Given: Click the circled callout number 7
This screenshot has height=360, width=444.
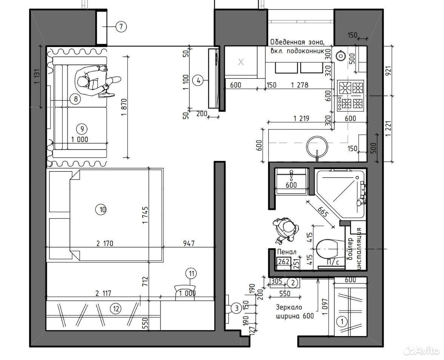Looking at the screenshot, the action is [x=121, y=27].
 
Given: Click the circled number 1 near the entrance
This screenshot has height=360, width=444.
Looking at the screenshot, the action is [x=342, y=322].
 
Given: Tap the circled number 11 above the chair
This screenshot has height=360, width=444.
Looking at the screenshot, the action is [x=191, y=274].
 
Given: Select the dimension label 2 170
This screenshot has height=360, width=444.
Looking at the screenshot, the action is [x=105, y=244].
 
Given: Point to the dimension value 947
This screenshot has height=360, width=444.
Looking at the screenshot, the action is [x=189, y=243].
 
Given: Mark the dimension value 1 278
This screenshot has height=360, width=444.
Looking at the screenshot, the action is [x=299, y=84].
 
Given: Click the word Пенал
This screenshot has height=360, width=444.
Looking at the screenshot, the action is [x=287, y=252].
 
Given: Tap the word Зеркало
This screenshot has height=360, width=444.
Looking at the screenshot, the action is [x=289, y=307].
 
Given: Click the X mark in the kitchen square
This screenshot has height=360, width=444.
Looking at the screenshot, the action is [x=241, y=62].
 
